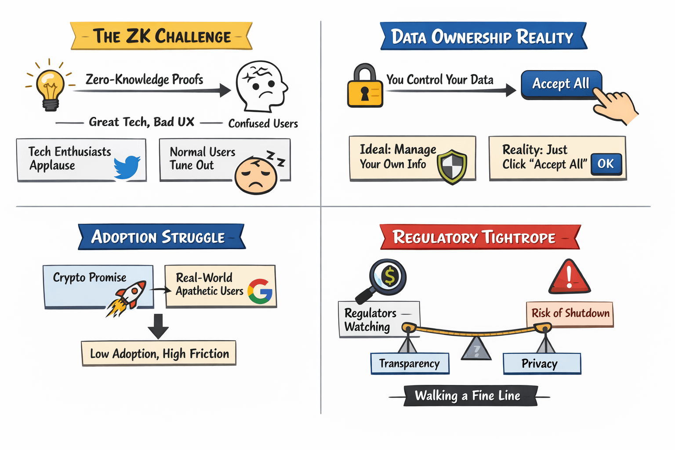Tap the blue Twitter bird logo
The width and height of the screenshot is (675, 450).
coord(127,167)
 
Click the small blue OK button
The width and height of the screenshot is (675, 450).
coord(606,164)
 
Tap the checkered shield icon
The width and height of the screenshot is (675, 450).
coord(452,166)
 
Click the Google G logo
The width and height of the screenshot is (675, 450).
coord(260,291)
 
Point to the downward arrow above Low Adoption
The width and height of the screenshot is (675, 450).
coord(158,326)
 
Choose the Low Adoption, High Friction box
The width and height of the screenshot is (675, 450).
coord(159,353)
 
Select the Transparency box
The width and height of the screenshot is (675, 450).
coord(410,363)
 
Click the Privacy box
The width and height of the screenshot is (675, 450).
coord(541,363)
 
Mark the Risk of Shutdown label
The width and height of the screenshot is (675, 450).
coord(570,313)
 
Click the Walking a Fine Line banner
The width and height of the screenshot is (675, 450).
coord(468,396)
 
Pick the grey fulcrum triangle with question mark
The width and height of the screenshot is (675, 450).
coord(476,349)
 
